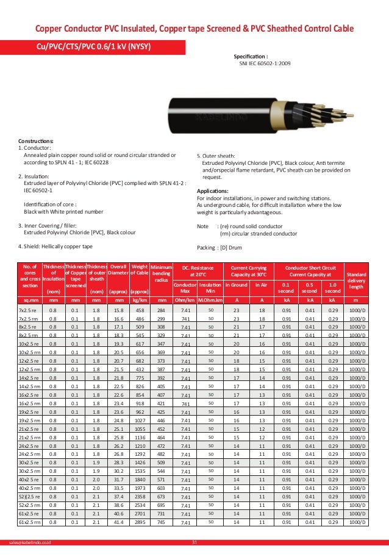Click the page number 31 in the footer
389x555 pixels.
point(194,543)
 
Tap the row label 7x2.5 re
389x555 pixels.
point(29,310)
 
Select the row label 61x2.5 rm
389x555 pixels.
point(29,522)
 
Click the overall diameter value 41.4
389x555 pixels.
point(118,522)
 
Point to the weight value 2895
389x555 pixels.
point(140,522)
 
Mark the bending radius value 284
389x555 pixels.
point(162,310)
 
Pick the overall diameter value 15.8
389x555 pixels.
point(118,310)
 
